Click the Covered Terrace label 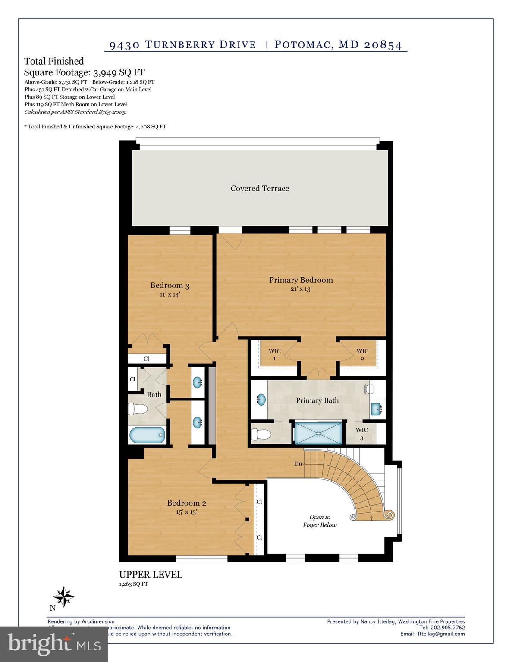pyautogui.click(x=260, y=188)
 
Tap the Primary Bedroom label pyautogui.click(x=301, y=280)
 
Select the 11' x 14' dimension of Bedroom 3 pyautogui.click(x=170, y=294)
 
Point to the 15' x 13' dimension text pyautogui.click(x=186, y=512)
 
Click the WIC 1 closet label pyautogui.click(x=274, y=354)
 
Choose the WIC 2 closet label pyautogui.click(x=362, y=354)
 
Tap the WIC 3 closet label pyautogui.click(x=361, y=434)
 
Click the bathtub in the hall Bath pyautogui.click(x=147, y=435)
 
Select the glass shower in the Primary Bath pyautogui.click(x=318, y=433)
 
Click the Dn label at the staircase pyautogui.click(x=298, y=464)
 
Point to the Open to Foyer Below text pyautogui.click(x=320, y=521)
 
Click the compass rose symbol pyautogui.click(x=64, y=597)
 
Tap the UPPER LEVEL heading pyautogui.click(x=151, y=575)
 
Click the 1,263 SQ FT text pyautogui.click(x=133, y=584)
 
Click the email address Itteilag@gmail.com pyautogui.click(x=441, y=634)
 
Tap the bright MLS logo pyautogui.click(x=53, y=644)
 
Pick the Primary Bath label pyautogui.click(x=317, y=400)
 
